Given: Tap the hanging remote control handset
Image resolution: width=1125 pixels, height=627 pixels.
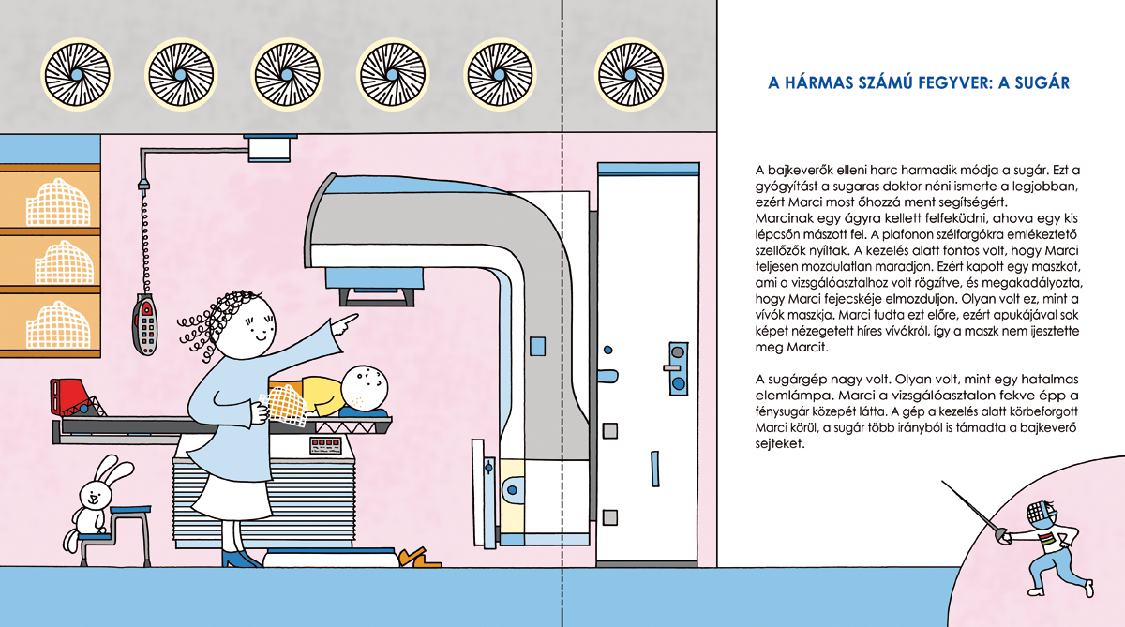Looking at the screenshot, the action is (x=145, y=324).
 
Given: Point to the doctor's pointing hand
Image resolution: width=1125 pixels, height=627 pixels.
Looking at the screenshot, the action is (x=345, y=323).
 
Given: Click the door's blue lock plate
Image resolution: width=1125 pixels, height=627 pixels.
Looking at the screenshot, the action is (x=678, y=369).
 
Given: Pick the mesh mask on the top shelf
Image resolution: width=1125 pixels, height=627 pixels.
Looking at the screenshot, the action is (x=59, y=202).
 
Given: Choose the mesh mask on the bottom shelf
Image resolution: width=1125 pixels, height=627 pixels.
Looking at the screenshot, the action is (x=59, y=325).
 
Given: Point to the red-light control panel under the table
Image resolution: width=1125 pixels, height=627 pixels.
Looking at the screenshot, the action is (x=325, y=445).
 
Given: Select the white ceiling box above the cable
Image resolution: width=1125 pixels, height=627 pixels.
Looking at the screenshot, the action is (x=270, y=149).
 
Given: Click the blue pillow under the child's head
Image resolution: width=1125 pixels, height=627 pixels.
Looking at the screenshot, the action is (x=363, y=412).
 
